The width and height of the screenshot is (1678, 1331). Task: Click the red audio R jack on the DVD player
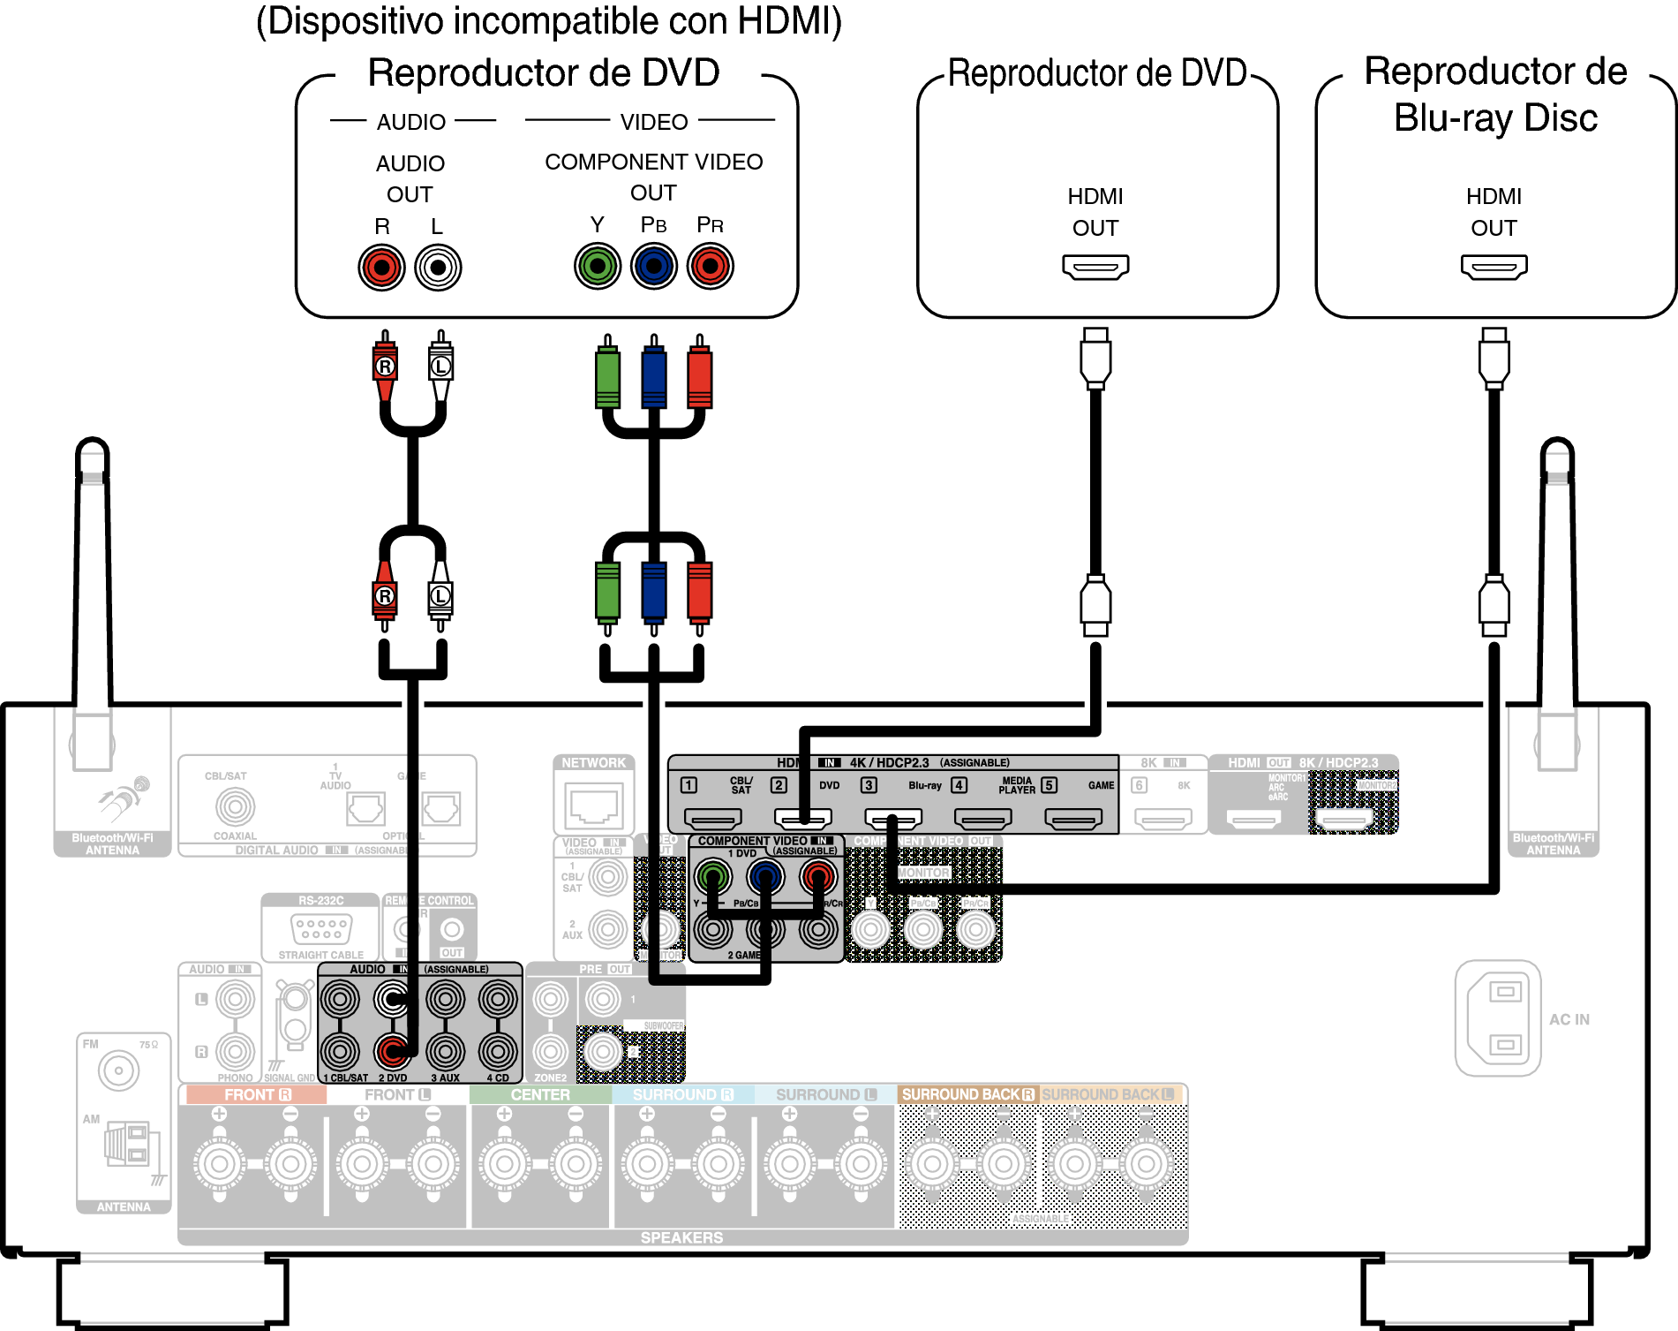(381, 267)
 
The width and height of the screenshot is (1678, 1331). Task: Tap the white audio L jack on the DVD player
(438, 267)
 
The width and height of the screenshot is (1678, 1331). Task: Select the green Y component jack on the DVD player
(598, 265)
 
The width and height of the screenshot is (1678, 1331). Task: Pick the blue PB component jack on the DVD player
(654, 265)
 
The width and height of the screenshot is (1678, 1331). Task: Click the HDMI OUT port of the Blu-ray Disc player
(1494, 266)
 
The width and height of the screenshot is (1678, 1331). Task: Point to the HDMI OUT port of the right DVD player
(1095, 266)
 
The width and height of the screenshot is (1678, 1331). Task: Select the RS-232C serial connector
(321, 928)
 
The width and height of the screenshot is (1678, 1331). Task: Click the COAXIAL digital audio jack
(235, 806)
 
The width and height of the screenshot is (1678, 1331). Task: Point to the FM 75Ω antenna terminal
(118, 1070)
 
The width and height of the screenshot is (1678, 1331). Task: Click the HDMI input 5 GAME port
(1072, 820)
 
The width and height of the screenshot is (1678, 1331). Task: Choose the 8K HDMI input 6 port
(1163, 820)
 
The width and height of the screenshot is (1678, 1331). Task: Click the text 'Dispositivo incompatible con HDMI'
(549, 21)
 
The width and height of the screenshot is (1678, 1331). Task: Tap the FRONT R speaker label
(256, 1094)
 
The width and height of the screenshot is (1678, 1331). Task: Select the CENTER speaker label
(540, 1094)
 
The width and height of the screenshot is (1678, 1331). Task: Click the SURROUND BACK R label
(967, 1094)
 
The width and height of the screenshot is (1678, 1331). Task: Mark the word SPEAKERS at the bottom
(681, 1237)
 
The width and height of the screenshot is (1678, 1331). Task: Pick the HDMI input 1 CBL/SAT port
(713, 820)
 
